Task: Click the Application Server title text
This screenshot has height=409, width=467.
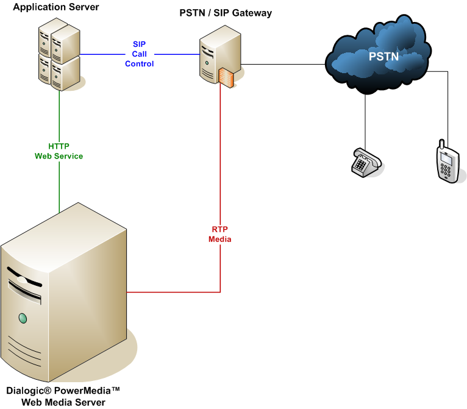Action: coord(55,7)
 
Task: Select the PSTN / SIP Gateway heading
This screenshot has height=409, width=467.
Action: coord(225,13)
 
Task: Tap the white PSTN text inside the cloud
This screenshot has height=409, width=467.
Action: coord(383,57)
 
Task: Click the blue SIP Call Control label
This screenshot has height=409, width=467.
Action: coord(140,54)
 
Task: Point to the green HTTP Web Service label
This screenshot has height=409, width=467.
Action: coord(59,151)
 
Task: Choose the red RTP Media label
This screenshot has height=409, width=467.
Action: coord(219,234)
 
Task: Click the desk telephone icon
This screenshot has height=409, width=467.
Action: coord(366,162)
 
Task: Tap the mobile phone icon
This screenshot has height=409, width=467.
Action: coord(447,162)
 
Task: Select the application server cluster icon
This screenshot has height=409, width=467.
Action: coord(59,55)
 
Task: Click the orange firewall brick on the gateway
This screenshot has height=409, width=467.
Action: coord(226,77)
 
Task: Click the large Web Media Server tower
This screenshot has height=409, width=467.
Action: coord(64,299)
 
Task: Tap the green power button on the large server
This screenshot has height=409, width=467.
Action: coord(23,318)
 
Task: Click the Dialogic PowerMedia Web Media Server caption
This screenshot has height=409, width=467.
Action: coord(63,396)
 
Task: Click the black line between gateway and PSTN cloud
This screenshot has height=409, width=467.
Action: coord(280,63)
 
